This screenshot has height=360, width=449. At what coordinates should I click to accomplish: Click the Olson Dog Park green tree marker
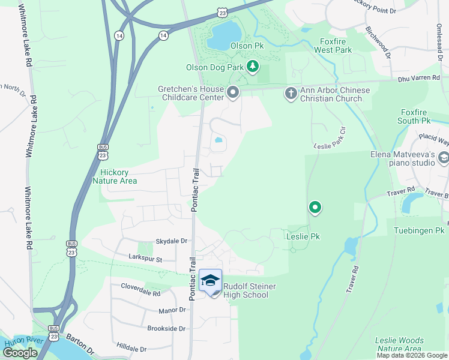(x=253, y=66)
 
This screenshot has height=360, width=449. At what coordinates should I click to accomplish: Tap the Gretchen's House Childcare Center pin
(x=233, y=92)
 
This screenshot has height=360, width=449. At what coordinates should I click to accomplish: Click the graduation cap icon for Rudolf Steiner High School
(x=210, y=281)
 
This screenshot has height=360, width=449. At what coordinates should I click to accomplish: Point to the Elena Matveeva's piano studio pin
(x=443, y=158)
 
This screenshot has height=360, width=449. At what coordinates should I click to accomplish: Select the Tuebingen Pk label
(x=418, y=230)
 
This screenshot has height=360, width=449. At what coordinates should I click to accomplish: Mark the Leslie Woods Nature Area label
(x=399, y=344)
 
